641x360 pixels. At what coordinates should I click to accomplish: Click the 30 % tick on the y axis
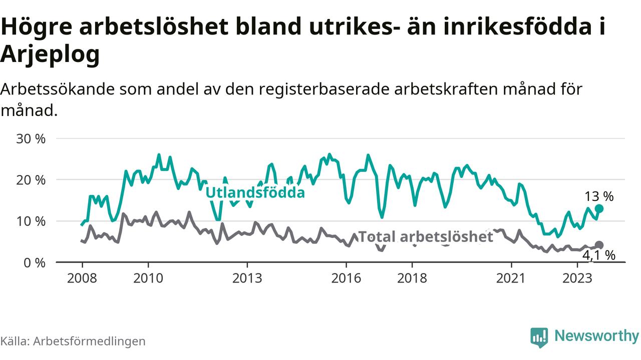click(31, 138)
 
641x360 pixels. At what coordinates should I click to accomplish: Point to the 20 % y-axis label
click(31, 179)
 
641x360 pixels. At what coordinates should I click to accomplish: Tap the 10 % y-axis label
click(31, 221)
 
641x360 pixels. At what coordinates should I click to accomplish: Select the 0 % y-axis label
click(35, 262)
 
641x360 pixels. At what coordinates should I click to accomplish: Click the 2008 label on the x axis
click(82, 278)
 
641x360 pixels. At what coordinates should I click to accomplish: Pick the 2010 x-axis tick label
click(148, 278)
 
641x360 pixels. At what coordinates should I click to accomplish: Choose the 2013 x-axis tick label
click(247, 278)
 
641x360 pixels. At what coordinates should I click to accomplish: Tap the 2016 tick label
click(347, 278)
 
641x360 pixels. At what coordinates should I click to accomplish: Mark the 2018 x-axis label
click(413, 278)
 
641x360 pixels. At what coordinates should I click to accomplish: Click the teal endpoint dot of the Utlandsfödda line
click(599, 208)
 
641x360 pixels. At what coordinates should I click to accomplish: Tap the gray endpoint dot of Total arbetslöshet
click(599, 245)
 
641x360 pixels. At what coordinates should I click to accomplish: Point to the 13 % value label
click(599, 196)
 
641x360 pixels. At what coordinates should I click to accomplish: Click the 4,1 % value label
click(599, 255)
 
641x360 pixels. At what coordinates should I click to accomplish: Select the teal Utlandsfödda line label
click(255, 192)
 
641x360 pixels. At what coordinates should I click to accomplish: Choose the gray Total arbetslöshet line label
click(426, 236)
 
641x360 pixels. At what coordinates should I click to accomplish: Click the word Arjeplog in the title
click(50, 55)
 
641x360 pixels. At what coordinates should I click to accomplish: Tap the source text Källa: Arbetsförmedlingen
click(73, 341)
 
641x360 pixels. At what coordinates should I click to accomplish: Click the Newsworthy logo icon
click(539, 337)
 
